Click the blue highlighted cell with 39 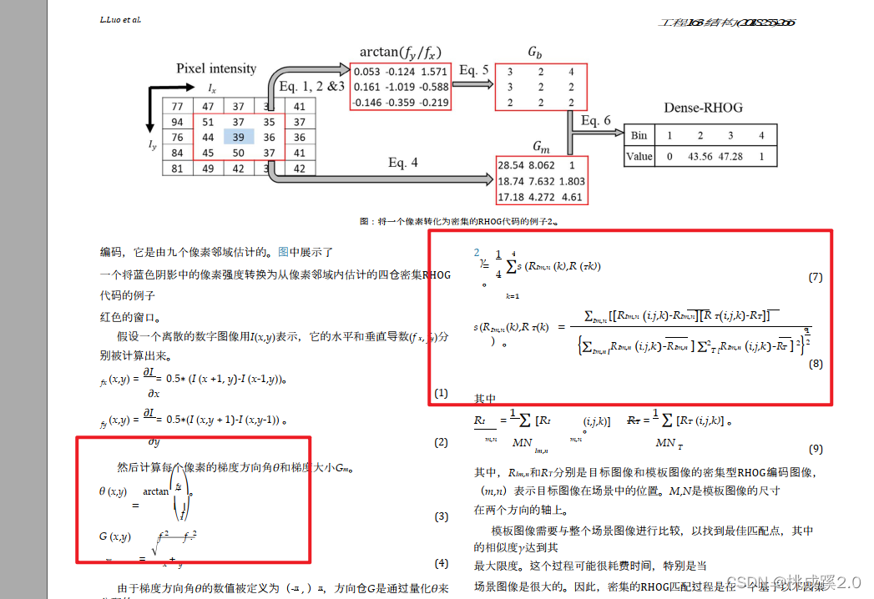239,138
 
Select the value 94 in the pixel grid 177,123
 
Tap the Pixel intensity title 216,68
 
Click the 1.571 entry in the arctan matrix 435,71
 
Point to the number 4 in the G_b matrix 571,72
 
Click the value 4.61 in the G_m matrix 572,197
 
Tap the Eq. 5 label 473,70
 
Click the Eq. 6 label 596,121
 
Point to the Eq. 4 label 403,163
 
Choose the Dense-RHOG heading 703,108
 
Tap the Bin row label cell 639,135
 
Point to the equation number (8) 816,364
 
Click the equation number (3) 442,517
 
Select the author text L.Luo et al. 120,18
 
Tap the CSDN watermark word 743,581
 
